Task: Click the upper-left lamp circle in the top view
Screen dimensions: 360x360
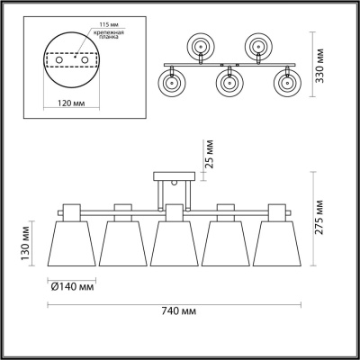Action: point(199,46)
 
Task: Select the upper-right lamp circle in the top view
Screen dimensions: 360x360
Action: point(259,46)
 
